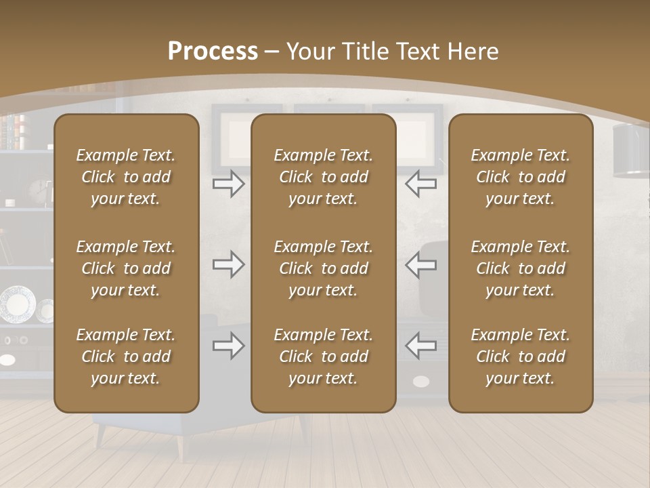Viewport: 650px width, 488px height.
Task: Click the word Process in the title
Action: pyautogui.click(x=213, y=52)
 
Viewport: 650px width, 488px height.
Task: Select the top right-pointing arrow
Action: pyautogui.click(x=229, y=184)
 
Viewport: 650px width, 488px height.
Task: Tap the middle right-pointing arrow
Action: pyautogui.click(x=229, y=264)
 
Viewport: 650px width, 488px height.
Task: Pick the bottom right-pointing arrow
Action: pyautogui.click(x=229, y=346)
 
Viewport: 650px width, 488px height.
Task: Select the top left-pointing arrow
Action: pyautogui.click(x=420, y=184)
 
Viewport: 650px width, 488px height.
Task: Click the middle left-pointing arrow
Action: pyautogui.click(x=420, y=264)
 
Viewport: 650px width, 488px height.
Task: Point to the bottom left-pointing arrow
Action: pyautogui.click(x=420, y=346)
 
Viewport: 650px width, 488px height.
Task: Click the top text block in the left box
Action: pyautogui.click(x=126, y=177)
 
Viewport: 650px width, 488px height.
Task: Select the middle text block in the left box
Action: pyautogui.click(x=126, y=268)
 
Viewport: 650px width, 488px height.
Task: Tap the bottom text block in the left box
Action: pyautogui.click(x=126, y=357)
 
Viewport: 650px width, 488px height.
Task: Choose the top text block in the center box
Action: pyautogui.click(x=323, y=177)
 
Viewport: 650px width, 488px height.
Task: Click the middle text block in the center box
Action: pyautogui.click(x=323, y=268)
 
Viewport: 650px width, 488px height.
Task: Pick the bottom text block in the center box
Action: pyautogui.click(x=323, y=357)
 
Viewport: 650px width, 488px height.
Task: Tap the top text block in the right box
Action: pyautogui.click(x=520, y=177)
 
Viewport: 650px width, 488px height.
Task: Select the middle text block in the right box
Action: pyautogui.click(x=520, y=268)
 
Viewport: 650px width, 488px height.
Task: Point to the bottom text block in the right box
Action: pyautogui.click(x=520, y=357)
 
